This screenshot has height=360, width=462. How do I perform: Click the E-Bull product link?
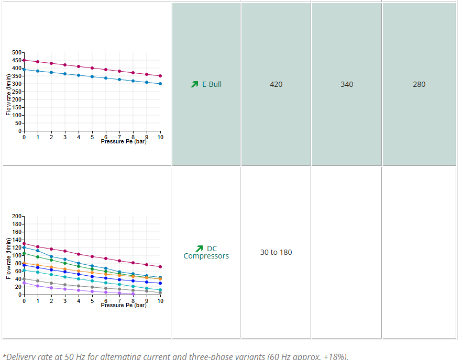tap(212, 84)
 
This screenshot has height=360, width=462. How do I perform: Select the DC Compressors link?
tap(206, 252)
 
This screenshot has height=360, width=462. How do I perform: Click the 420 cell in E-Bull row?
tap(276, 84)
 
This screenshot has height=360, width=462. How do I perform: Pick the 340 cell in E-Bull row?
tap(347, 84)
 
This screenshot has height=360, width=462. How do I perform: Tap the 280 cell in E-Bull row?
tap(419, 84)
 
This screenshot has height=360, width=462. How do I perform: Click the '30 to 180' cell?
tap(276, 252)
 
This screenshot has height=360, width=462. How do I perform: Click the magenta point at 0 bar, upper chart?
tap(24, 60)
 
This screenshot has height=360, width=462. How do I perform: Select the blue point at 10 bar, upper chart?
tap(160, 84)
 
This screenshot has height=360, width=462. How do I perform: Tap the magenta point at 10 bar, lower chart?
tap(160, 267)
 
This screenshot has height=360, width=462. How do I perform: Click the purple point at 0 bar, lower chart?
tap(24, 283)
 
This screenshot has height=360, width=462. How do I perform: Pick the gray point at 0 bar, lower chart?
tap(24, 279)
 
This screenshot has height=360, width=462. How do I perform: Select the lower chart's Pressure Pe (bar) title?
tap(124, 305)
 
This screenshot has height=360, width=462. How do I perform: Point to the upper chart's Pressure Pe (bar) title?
tap(124, 142)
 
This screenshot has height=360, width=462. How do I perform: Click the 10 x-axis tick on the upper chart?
tap(160, 137)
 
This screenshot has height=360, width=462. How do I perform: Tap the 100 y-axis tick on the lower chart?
tap(17, 255)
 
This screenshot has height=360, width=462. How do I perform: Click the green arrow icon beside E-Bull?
tap(194, 84)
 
